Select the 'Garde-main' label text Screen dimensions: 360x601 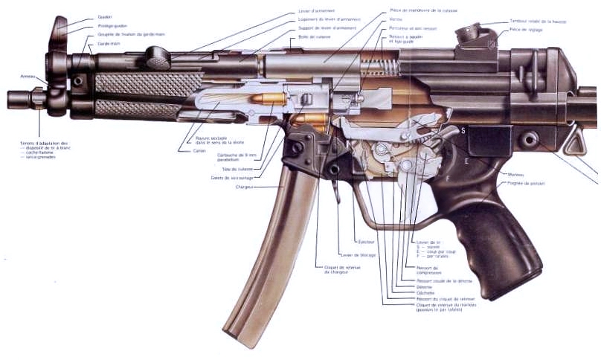[x=108, y=44]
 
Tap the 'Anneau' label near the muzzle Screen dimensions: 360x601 [x=28, y=76]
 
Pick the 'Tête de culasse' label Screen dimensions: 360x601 [x=232, y=169]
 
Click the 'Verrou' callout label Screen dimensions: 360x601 [x=397, y=19]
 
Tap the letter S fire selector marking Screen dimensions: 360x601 [x=463, y=130]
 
